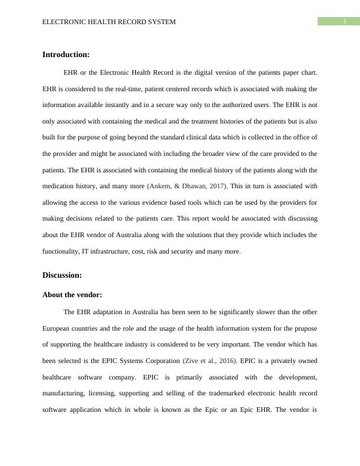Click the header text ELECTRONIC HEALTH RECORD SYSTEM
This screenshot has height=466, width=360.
(x=109, y=22)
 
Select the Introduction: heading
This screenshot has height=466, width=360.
(x=66, y=55)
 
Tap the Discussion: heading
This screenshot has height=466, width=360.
(x=62, y=275)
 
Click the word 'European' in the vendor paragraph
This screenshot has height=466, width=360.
(x=58, y=328)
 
